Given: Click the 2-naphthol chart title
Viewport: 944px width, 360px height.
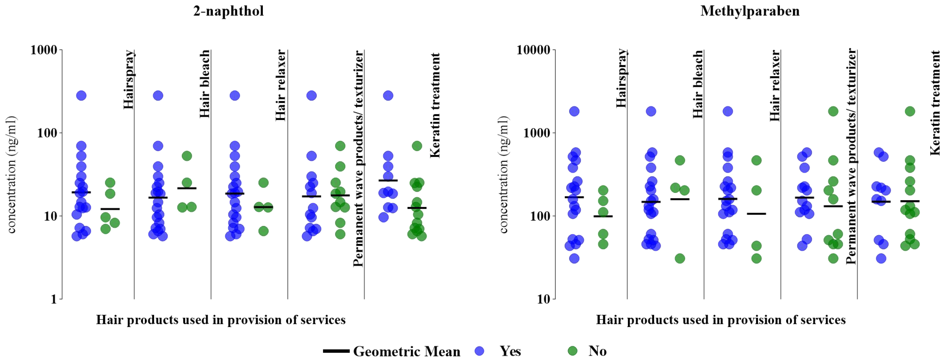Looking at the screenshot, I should (228, 11).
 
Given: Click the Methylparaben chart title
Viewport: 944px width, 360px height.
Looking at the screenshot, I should (750, 11).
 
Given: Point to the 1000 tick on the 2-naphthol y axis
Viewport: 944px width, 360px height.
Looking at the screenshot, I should (44, 50).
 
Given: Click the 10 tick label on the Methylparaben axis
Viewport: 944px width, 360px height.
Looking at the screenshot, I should (544, 299).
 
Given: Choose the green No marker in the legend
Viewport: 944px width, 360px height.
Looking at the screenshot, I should (572, 351).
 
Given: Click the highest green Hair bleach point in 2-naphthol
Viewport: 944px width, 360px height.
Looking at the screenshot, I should (187, 156).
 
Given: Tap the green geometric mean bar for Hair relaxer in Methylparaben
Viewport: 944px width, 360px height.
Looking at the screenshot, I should (756, 213).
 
